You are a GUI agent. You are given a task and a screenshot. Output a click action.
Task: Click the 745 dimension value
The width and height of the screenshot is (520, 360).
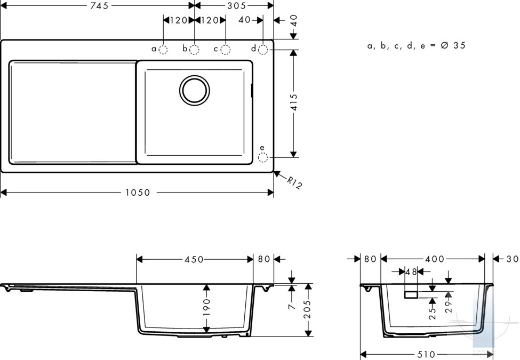click(100, 6)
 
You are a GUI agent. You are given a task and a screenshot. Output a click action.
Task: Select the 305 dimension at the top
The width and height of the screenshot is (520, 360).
click(237, 6)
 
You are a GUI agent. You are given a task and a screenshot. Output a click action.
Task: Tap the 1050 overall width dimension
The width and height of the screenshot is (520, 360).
click(138, 193)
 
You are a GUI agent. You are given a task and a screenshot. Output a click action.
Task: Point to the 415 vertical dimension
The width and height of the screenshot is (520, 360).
click(294, 103)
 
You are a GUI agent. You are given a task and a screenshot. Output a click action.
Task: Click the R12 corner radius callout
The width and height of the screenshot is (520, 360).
click(294, 183)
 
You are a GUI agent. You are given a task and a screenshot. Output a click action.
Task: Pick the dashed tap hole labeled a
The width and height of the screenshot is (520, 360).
click(163, 50)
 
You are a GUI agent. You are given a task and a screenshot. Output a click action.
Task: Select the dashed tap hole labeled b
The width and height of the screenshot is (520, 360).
click(194, 50)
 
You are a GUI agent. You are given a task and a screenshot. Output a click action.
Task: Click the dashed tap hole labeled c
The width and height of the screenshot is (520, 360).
click(226, 50)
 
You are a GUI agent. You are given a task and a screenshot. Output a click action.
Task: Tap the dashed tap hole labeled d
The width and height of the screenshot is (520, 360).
click(263, 50)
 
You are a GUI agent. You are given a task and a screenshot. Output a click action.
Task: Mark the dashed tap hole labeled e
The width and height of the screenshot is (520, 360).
click(263, 157)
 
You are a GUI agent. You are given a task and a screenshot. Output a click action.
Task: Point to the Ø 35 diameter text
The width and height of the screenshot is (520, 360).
click(453, 45)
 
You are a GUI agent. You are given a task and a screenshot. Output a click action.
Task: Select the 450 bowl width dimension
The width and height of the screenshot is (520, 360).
click(194, 259)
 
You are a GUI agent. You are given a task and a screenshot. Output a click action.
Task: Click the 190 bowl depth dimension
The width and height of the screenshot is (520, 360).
click(206, 307)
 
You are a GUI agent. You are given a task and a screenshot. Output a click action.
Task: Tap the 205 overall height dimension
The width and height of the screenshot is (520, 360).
click(308, 309)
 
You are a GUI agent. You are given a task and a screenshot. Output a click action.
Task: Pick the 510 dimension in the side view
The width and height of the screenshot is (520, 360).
click(426, 355)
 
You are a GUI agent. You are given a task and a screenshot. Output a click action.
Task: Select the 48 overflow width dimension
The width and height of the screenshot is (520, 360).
click(411, 272)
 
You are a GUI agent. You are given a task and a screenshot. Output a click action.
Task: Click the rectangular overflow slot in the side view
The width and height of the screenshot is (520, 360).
click(411, 294)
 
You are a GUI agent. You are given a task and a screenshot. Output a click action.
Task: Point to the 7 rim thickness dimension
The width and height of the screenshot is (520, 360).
click(292, 306)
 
